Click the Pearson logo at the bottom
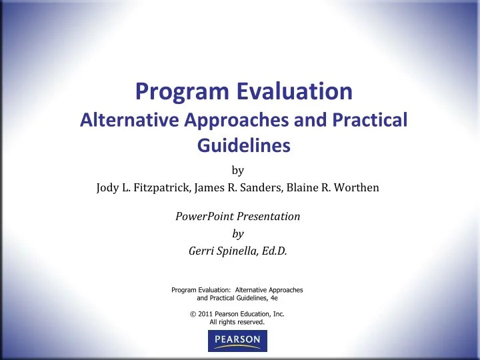[237, 342]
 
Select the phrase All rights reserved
[238, 321]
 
